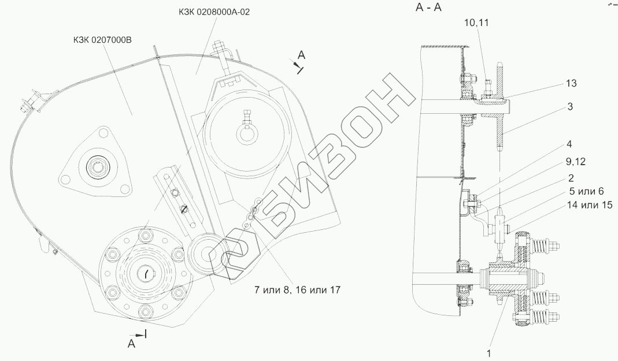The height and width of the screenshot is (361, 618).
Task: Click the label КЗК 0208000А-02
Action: click(x=213, y=12)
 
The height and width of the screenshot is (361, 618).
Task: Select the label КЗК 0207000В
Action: click(x=102, y=40)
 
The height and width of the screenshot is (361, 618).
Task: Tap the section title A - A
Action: click(x=428, y=8)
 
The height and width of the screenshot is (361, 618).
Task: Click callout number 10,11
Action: click(x=476, y=23)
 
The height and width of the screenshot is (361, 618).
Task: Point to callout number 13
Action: click(x=571, y=83)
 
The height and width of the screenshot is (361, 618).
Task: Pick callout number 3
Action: click(x=570, y=107)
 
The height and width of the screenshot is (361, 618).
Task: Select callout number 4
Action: click(x=569, y=144)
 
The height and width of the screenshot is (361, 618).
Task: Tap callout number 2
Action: click(x=571, y=178)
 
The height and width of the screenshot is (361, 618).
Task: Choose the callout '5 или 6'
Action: click(x=586, y=191)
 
